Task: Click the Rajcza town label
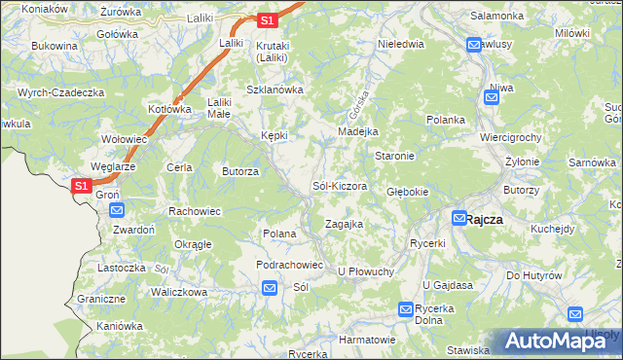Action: pyautogui.click(x=484, y=219)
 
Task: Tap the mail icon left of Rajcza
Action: pyautogui.click(x=458, y=219)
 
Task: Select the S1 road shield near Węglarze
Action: pyautogui.click(x=83, y=185)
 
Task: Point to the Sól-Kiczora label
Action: pyautogui.click(x=339, y=185)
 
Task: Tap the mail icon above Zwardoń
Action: pyautogui.click(x=117, y=209)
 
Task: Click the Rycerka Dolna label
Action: pyautogui.click(x=434, y=314)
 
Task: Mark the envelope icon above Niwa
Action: pyautogui.click(x=492, y=96)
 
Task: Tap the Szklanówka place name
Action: pyautogui.click(x=275, y=90)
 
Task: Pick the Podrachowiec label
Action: pyautogui.click(x=289, y=265)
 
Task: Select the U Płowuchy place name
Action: pyautogui.click(x=365, y=271)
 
